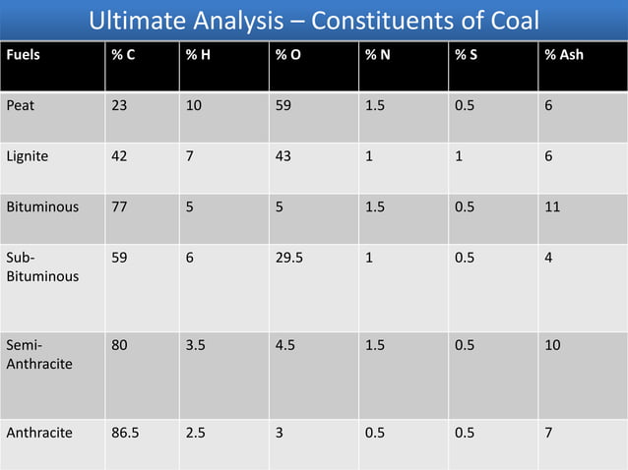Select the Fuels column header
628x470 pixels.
pos(24,55)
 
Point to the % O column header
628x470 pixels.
pos(288,55)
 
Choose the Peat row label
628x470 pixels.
pos(21,104)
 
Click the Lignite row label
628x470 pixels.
pos(28,156)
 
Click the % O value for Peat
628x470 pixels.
pos(283,104)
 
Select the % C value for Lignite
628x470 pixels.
pos(118,156)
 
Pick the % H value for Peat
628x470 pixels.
pos(194,104)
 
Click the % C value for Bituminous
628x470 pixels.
pos(118,208)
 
